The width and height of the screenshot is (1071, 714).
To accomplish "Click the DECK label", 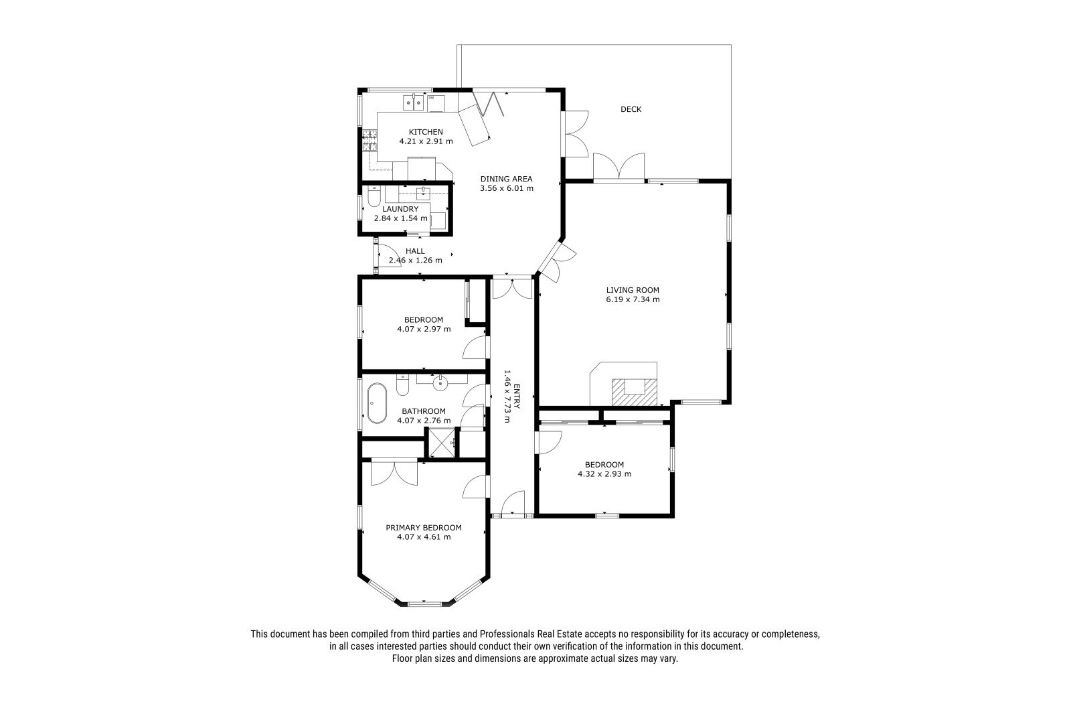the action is click(x=631, y=109).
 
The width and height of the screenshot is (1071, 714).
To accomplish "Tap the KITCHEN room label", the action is click(x=426, y=131).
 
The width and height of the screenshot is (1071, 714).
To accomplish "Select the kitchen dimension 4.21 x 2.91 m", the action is click(x=426, y=141).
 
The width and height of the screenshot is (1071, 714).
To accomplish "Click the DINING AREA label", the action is click(x=506, y=179).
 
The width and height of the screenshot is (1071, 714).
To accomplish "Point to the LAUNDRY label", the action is click(x=400, y=209).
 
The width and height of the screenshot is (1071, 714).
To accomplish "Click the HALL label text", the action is click(x=415, y=251).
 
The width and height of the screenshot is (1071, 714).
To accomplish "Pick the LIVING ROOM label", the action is click(x=633, y=290).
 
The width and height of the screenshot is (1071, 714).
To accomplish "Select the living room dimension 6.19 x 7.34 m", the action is click(x=633, y=299).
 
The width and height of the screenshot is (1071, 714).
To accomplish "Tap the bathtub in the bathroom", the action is click(x=377, y=403).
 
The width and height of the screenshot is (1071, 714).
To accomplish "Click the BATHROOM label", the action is click(x=424, y=411).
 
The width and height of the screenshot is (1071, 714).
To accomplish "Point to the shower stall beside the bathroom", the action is click(x=441, y=443).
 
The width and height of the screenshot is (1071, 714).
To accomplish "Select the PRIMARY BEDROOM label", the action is click(x=424, y=528).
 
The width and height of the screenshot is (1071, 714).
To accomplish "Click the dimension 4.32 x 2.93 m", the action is click(x=604, y=474).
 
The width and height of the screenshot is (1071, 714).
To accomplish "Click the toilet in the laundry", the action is click(x=374, y=196).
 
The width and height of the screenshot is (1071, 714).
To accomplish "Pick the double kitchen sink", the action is click(x=414, y=102).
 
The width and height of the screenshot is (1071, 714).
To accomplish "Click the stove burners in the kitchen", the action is click(x=369, y=141).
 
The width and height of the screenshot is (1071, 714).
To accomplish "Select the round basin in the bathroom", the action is click(x=440, y=383).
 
